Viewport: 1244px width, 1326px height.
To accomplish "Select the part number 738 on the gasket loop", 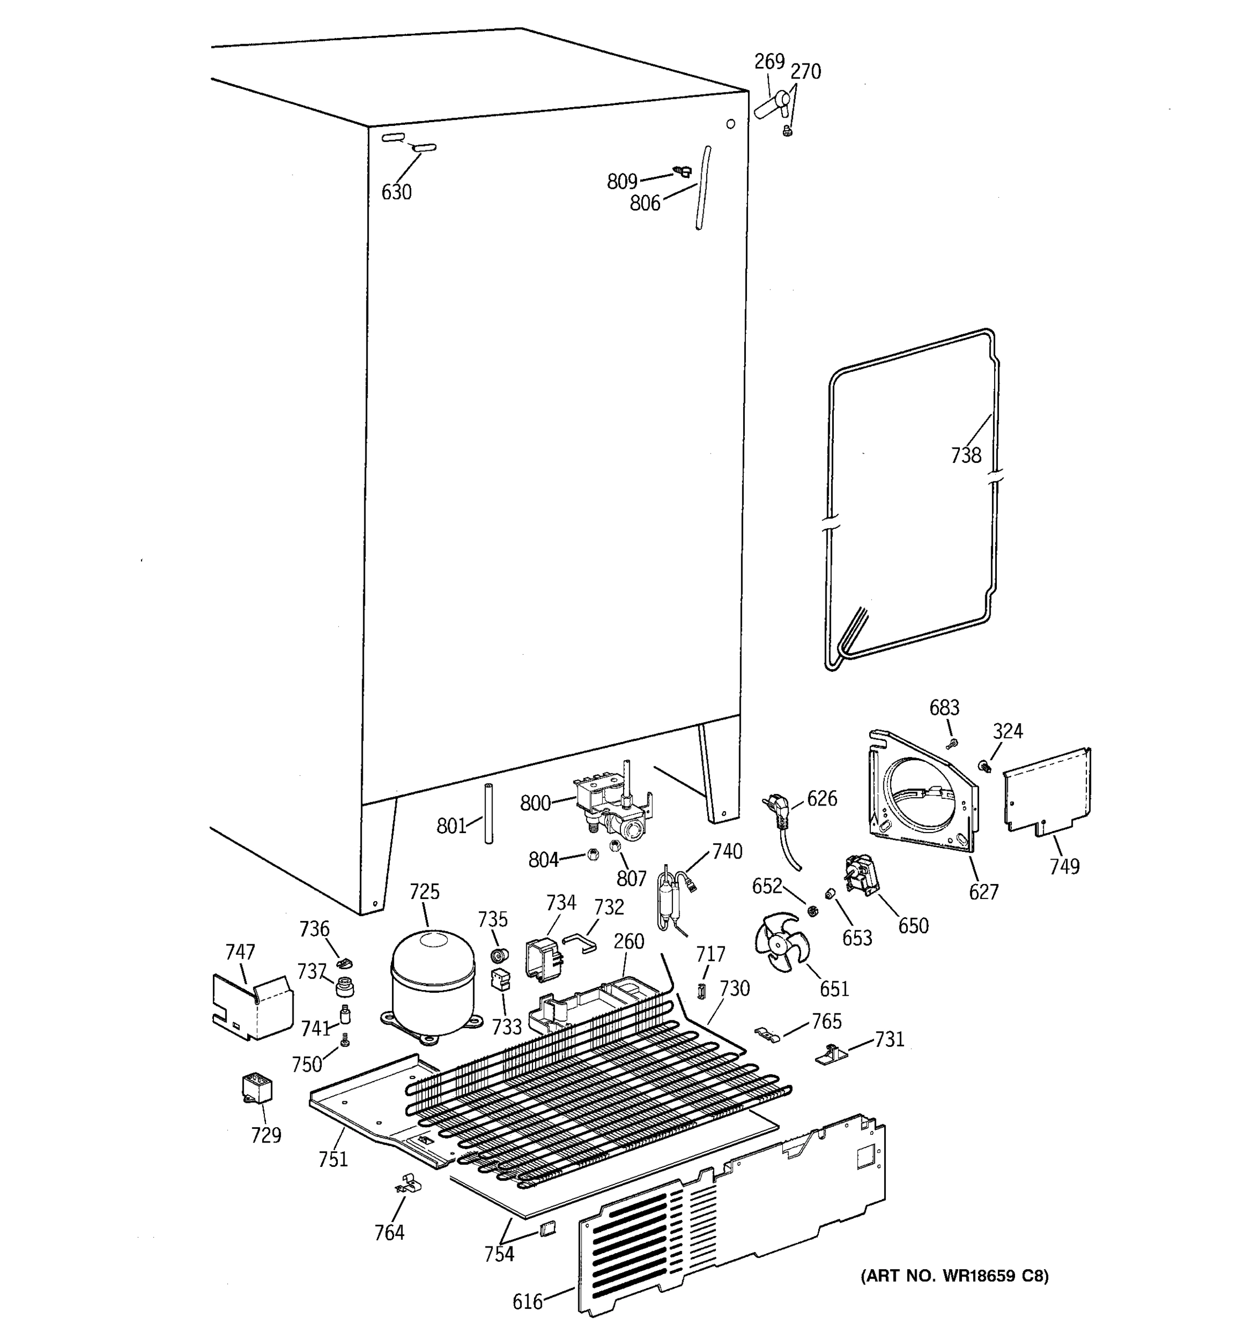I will (x=966, y=456).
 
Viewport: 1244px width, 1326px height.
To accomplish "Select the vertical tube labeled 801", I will (x=489, y=814).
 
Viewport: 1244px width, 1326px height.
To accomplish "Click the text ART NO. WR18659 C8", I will (x=954, y=1276).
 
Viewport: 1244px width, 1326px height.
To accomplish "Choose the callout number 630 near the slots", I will (x=396, y=192).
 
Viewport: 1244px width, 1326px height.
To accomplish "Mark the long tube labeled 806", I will (x=703, y=188).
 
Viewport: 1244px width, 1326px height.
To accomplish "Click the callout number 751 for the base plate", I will (x=333, y=1159).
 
